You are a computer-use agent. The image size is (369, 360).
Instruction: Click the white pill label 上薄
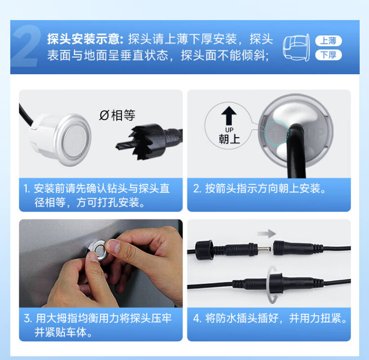click(328, 41)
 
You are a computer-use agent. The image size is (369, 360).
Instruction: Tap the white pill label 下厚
click(328, 55)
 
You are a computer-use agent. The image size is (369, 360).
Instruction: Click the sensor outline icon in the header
click(296, 48)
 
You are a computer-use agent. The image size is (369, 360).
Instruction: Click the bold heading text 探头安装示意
click(85, 39)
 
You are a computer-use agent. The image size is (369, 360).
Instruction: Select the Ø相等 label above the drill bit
click(117, 115)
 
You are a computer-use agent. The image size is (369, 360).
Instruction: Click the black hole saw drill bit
click(149, 142)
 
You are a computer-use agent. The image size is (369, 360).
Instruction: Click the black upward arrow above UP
click(229, 116)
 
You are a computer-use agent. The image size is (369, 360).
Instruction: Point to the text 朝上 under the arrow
click(229, 139)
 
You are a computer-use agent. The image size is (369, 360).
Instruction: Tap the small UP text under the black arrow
click(229, 130)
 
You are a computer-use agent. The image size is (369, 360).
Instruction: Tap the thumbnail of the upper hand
click(113, 246)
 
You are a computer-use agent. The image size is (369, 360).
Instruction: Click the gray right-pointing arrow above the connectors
click(266, 234)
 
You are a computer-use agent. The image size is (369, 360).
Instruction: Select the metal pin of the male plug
click(264, 248)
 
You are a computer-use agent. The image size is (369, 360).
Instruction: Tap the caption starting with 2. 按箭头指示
click(260, 188)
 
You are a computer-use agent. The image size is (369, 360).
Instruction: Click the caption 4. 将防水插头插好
click(270, 318)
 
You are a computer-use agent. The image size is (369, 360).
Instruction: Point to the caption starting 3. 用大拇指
click(98, 325)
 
